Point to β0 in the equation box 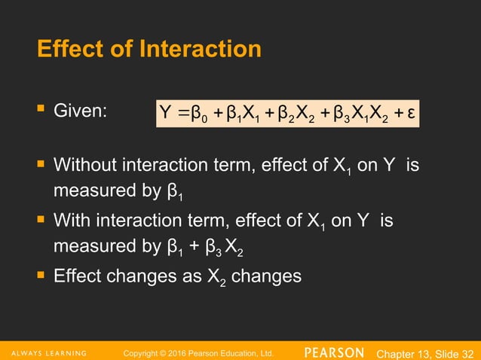[197, 115]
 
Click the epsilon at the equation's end [411, 114]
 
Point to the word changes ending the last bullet [267, 276]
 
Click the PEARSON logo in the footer [334, 352]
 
